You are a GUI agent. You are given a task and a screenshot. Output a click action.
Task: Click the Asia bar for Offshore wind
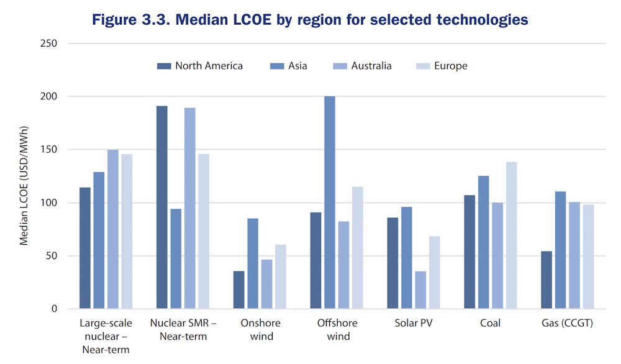pyautogui.click(x=330, y=202)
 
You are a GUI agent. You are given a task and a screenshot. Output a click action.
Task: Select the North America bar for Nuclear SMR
pyautogui.click(x=161, y=207)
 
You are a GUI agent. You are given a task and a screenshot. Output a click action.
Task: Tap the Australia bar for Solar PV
pyautogui.click(x=420, y=290)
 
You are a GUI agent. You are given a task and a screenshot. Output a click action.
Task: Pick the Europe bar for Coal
pyautogui.click(x=511, y=235)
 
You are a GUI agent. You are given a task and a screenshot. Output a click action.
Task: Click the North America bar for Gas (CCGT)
pyautogui.click(x=546, y=280)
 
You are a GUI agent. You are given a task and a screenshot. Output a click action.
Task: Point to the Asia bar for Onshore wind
pyautogui.click(x=253, y=263)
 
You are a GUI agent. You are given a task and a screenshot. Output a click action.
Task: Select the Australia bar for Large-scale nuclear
pyautogui.click(x=113, y=229)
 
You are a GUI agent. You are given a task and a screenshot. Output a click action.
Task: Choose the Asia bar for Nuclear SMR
pyautogui.click(x=176, y=258)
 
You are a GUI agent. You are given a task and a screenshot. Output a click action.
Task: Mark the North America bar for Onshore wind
pyautogui.click(x=239, y=290)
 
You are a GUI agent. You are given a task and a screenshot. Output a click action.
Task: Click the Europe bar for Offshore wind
pyautogui.click(x=358, y=248)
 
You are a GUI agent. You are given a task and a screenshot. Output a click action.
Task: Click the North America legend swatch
pyautogui.click(x=164, y=66)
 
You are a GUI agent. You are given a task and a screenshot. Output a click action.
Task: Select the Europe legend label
pyautogui.click(x=451, y=66)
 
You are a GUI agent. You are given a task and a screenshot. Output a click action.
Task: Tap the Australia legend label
pyautogui.click(x=371, y=66)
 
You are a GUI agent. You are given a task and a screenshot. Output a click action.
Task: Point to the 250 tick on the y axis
pyautogui.click(x=48, y=43)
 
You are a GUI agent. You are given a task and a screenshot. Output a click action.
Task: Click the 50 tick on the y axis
pyautogui.click(x=52, y=256)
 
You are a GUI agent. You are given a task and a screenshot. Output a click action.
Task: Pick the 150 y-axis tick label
pyautogui.click(x=48, y=149)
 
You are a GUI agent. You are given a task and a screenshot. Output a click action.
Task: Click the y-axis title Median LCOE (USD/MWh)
pyautogui.click(x=24, y=186)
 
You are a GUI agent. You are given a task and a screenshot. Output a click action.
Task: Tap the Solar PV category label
pyautogui.click(x=414, y=323)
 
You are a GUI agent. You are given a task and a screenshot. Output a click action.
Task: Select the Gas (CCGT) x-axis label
pyautogui.click(x=567, y=323)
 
